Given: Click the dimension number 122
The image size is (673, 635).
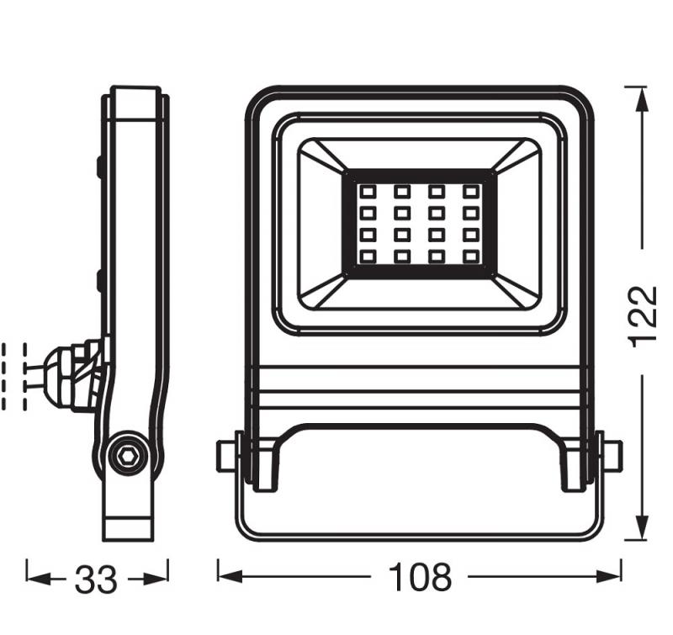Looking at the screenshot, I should pyautogui.click(x=643, y=315).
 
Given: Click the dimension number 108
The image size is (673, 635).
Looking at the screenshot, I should pyautogui.click(x=420, y=578).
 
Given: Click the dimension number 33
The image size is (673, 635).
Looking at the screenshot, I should pyautogui.click(x=96, y=579).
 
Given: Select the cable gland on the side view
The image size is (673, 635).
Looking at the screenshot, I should pyautogui.click(x=76, y=375).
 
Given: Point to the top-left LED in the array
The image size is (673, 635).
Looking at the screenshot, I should pyautogui.click(x=368, y=193).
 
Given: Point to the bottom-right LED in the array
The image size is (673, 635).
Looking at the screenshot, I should pyautogui.click(x=469, y=255).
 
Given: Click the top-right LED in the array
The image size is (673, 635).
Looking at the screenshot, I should pyautogui.click(x=469, y=193).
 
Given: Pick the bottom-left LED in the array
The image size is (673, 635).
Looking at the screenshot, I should pyautogui.click(x=368, y=255).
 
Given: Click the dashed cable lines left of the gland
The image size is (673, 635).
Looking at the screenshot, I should pyautogui.click(x=15, y=375).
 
